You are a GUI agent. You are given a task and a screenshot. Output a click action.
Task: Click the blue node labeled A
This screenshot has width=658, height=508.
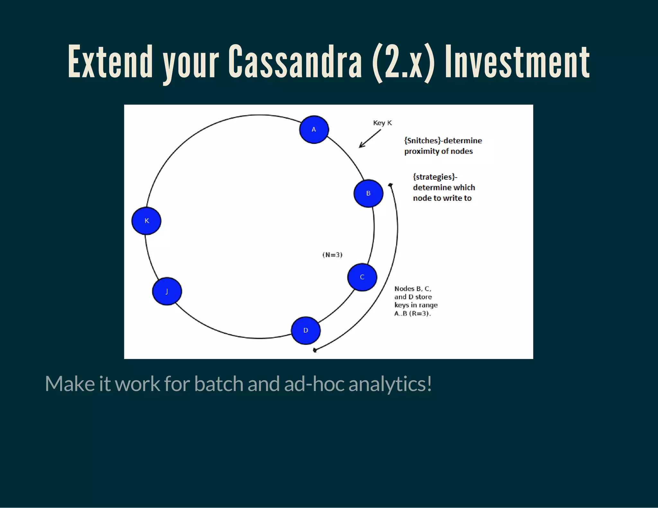[x=314, y=129]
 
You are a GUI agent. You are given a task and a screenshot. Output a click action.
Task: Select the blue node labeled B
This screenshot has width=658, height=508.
[x=368, y=193]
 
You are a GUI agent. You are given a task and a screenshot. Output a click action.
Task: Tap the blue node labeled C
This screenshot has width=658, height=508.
[x=362, y=277]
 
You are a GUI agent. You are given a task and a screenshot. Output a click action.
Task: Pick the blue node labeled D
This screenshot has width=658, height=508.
[x=306, y=330]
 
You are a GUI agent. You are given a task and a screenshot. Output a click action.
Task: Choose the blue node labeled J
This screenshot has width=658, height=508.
[x=167, y=291]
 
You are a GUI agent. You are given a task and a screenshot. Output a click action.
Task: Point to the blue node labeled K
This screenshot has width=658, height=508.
[x=147, y=221]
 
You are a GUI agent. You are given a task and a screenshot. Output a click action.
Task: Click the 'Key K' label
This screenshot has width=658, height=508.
[x=382, y=123]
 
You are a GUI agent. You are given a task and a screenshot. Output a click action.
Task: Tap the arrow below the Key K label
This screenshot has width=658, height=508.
[x=369, y=139]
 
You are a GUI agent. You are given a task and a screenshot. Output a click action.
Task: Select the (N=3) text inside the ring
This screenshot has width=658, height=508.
[x=332, y=255]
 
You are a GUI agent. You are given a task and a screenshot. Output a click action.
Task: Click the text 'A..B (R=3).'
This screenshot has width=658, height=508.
[x=413, y=313]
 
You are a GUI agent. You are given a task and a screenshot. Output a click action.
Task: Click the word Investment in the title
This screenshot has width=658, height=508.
[x=517, y=62]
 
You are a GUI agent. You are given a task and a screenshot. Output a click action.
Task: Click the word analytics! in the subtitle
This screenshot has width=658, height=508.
[x=390, y=384]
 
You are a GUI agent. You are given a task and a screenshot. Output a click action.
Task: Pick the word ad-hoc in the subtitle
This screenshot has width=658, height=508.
[x=314, y=384]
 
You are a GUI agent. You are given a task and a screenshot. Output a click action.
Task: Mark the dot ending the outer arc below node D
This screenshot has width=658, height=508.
[x=315, y=350]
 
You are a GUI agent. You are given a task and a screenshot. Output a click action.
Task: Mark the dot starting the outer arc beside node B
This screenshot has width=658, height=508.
[x=390, y=185]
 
